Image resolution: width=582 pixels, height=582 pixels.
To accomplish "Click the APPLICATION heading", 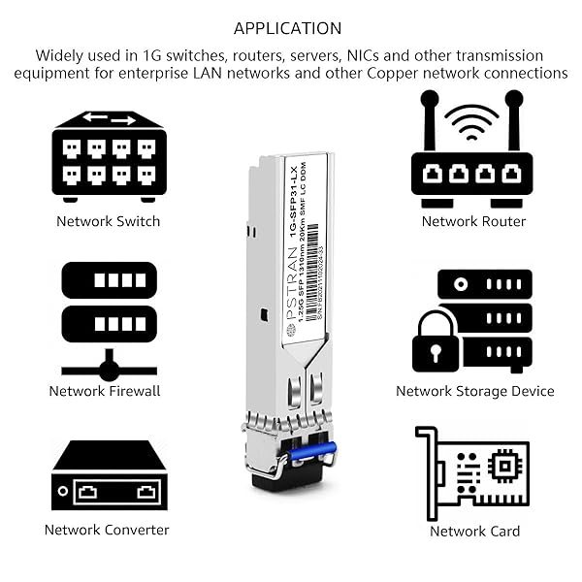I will click(288, 28).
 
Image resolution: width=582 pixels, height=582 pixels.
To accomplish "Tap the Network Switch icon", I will click(109, 155).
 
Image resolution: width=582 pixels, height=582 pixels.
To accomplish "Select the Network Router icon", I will click(473, 155).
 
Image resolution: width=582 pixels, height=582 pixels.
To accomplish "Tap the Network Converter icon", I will click(109, 477).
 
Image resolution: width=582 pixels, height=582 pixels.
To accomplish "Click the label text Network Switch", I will click(109, 221).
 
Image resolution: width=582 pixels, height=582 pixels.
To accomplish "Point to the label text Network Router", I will click(473, 221).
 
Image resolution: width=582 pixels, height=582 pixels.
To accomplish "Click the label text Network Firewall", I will click(105, 391).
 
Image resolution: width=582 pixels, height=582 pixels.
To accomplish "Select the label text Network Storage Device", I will click(475, 391).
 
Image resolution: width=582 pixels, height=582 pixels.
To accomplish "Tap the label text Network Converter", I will click(107, 530).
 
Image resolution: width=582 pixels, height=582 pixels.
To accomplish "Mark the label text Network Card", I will click(475, 531).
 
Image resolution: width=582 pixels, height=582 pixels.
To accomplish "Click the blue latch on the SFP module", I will click(308, 451).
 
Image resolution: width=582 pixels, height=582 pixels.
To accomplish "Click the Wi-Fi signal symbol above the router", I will click(473, 123).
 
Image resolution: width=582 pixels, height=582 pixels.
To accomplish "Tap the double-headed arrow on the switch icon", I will click(109, 119).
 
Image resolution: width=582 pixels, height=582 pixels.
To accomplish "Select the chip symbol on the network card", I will click(504, 467).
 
